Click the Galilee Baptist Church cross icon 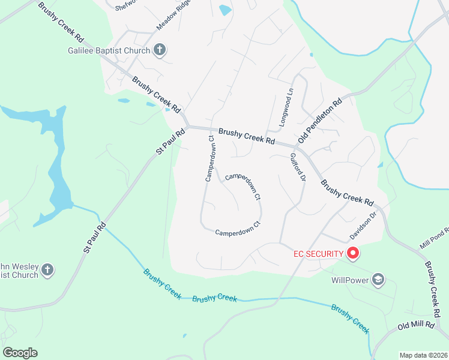(160, 50)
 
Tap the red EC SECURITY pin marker (353, 254)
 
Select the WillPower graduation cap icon (378, 279)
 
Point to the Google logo (20, 353)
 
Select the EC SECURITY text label (318, 254)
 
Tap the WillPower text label (351, 280)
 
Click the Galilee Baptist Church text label (108, 50)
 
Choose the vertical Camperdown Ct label (210, 158)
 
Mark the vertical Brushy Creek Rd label (432, 288)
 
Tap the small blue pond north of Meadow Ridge (225, 10)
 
